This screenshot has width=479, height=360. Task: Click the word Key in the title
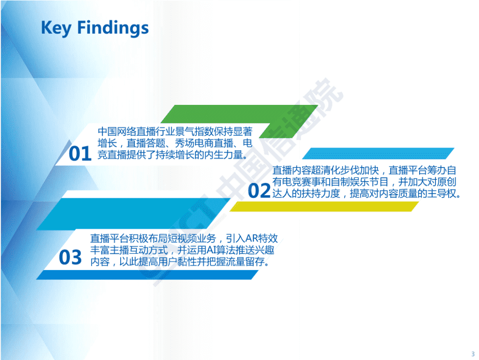tap(56, 28)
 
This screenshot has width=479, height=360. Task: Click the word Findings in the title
tap(113, 28)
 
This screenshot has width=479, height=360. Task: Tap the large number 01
tap(80, 154)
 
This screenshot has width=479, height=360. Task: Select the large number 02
tap(259, 191)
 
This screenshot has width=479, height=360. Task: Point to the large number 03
tap(70, 257)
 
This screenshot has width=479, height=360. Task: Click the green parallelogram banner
tap(239, 121)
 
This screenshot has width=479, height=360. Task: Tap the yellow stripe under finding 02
tap(324, 206)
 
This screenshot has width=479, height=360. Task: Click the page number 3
tap(473, 354)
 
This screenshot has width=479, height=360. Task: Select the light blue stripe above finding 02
tap(378, 154)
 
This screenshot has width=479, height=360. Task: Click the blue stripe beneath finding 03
tap(147, 275)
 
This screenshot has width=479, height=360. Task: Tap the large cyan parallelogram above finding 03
tap(134, 214)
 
